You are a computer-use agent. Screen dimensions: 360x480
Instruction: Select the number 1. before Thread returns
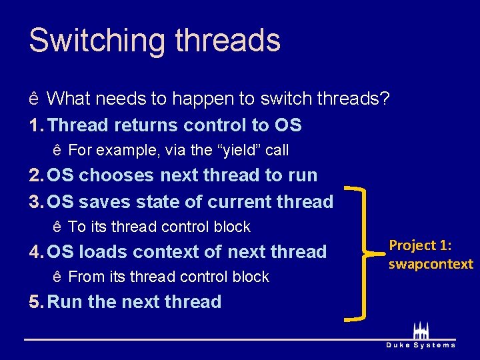point(37,125)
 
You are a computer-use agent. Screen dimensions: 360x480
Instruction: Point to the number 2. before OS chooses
point(37,175)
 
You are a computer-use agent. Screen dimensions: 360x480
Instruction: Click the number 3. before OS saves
point(37,202)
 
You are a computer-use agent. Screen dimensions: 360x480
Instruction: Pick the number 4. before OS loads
point(37,252)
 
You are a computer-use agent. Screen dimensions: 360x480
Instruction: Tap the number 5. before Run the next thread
point(37,302)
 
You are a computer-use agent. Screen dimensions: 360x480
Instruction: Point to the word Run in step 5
point(65,302)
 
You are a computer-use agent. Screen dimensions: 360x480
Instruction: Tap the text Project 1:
point(420,245)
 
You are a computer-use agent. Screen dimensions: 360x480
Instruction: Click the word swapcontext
point(431,264)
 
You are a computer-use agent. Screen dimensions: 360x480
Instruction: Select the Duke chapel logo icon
point(421,331)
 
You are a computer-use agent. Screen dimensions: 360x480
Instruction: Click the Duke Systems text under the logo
point(421,345)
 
